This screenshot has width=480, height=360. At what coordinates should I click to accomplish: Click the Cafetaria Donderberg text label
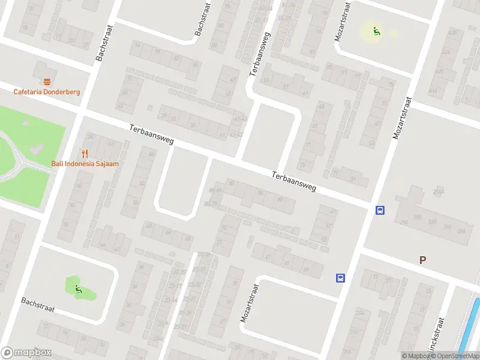(x=47, y=92)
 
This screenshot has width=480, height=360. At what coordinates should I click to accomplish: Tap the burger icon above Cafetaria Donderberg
(x=47, y=82)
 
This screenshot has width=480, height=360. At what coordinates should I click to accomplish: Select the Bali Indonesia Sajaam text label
(x=85, y=164)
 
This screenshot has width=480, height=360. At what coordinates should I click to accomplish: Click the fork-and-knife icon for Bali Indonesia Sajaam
(x=85, y=154)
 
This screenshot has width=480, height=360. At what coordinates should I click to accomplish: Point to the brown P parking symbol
(x=422, y=260)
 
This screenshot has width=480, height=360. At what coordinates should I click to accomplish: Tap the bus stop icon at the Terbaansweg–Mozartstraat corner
(x=380, y=210)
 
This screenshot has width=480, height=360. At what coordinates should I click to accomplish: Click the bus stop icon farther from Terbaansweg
(x=340, y=278)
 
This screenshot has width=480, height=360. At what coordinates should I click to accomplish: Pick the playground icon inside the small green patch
(x=78, y=290)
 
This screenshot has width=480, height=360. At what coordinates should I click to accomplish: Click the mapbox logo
(x=26, y=353)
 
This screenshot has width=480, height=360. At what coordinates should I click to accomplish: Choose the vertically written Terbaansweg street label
(x=260, y=54)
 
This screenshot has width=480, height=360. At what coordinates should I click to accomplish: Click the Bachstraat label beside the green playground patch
(x=38, y=305)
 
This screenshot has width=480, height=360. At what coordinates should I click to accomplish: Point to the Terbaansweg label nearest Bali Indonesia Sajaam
(x=151, y=134)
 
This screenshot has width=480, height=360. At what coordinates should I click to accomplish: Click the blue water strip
(x=469, y=327)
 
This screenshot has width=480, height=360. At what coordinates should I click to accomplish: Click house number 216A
(x=438, y=192)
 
